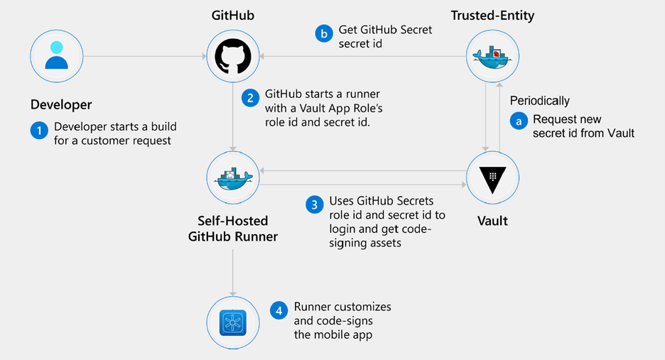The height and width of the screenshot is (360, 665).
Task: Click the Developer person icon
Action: (56, 56)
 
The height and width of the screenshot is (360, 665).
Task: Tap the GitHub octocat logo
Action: (232, 56)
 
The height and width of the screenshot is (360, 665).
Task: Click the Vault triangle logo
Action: (492, 178)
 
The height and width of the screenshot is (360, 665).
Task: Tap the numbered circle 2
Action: (249, 97)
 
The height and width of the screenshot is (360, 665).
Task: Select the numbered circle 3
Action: (313, 204)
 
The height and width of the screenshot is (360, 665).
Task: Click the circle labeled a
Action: (518, 121)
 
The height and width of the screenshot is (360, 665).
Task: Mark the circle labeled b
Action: (323, 33)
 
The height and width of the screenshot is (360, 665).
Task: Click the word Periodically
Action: (539, 101)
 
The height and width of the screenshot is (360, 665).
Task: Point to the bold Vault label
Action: (492, 221)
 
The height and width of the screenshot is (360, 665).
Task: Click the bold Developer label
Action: (61, 104)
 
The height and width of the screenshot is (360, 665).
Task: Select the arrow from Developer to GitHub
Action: (142, 56)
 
